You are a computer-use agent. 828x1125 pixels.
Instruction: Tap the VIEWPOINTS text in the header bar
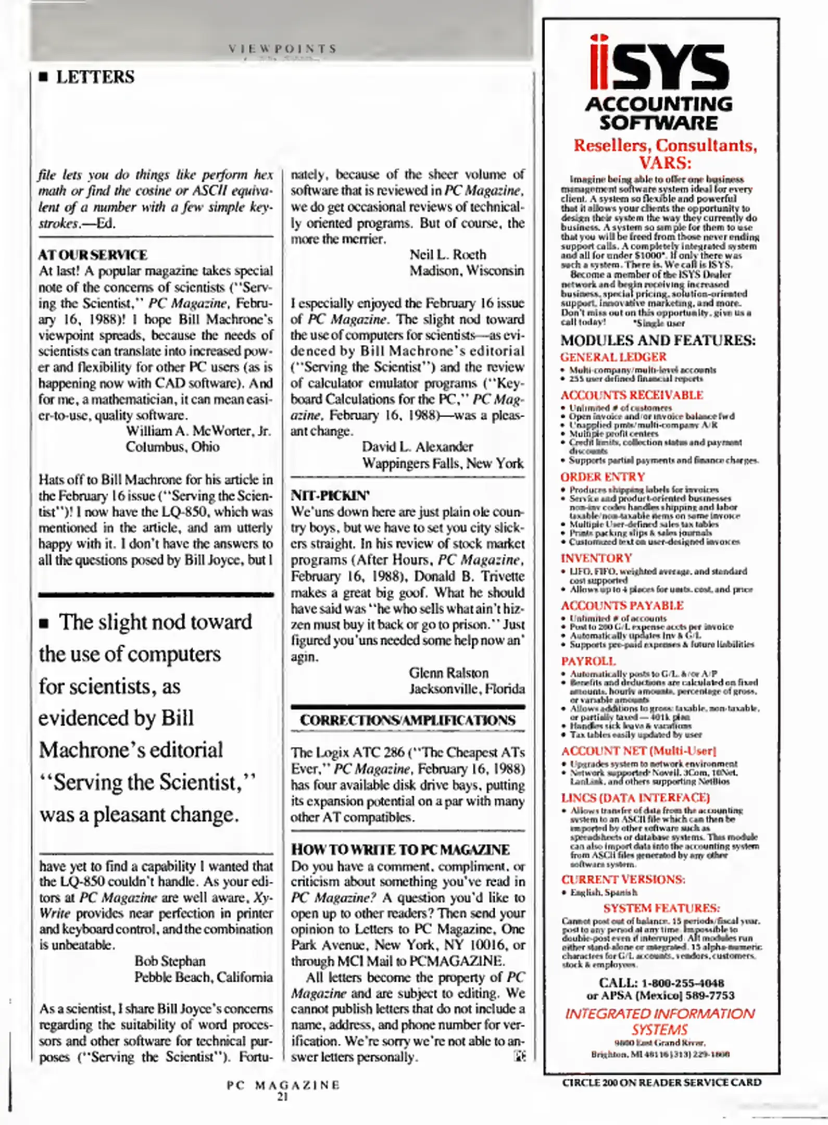point(283,49)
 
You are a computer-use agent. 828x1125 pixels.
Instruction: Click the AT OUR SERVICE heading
point(93,255)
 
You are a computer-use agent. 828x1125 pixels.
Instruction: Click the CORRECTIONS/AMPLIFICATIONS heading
point(408,720)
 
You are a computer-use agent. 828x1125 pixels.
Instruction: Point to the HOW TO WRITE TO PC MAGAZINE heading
point(400,849)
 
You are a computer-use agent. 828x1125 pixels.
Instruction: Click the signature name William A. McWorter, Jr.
point(198,431)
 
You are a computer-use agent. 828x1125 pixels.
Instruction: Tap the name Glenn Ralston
point(448,672)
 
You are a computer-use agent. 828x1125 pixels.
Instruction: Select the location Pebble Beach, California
point(203,977)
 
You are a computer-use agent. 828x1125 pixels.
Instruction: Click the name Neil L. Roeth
point(447,255)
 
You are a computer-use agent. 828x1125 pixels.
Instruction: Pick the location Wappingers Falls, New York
point(443,463)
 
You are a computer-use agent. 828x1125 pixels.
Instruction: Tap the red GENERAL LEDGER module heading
point(613,357)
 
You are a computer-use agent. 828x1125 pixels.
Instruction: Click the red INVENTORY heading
point(596,558)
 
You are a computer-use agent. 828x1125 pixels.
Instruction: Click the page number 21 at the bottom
point(282,1096)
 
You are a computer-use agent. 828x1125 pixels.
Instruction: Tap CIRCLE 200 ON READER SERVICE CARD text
point(661,1082)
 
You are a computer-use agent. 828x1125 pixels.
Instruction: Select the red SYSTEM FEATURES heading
point(661,908)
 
